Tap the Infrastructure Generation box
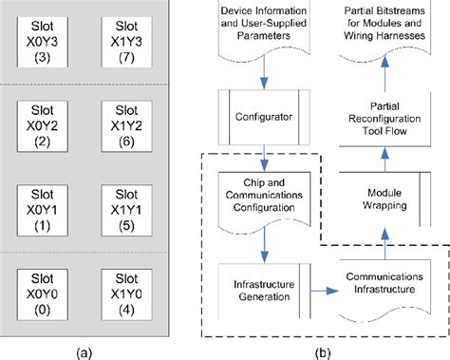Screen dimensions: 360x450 (259, 288)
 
